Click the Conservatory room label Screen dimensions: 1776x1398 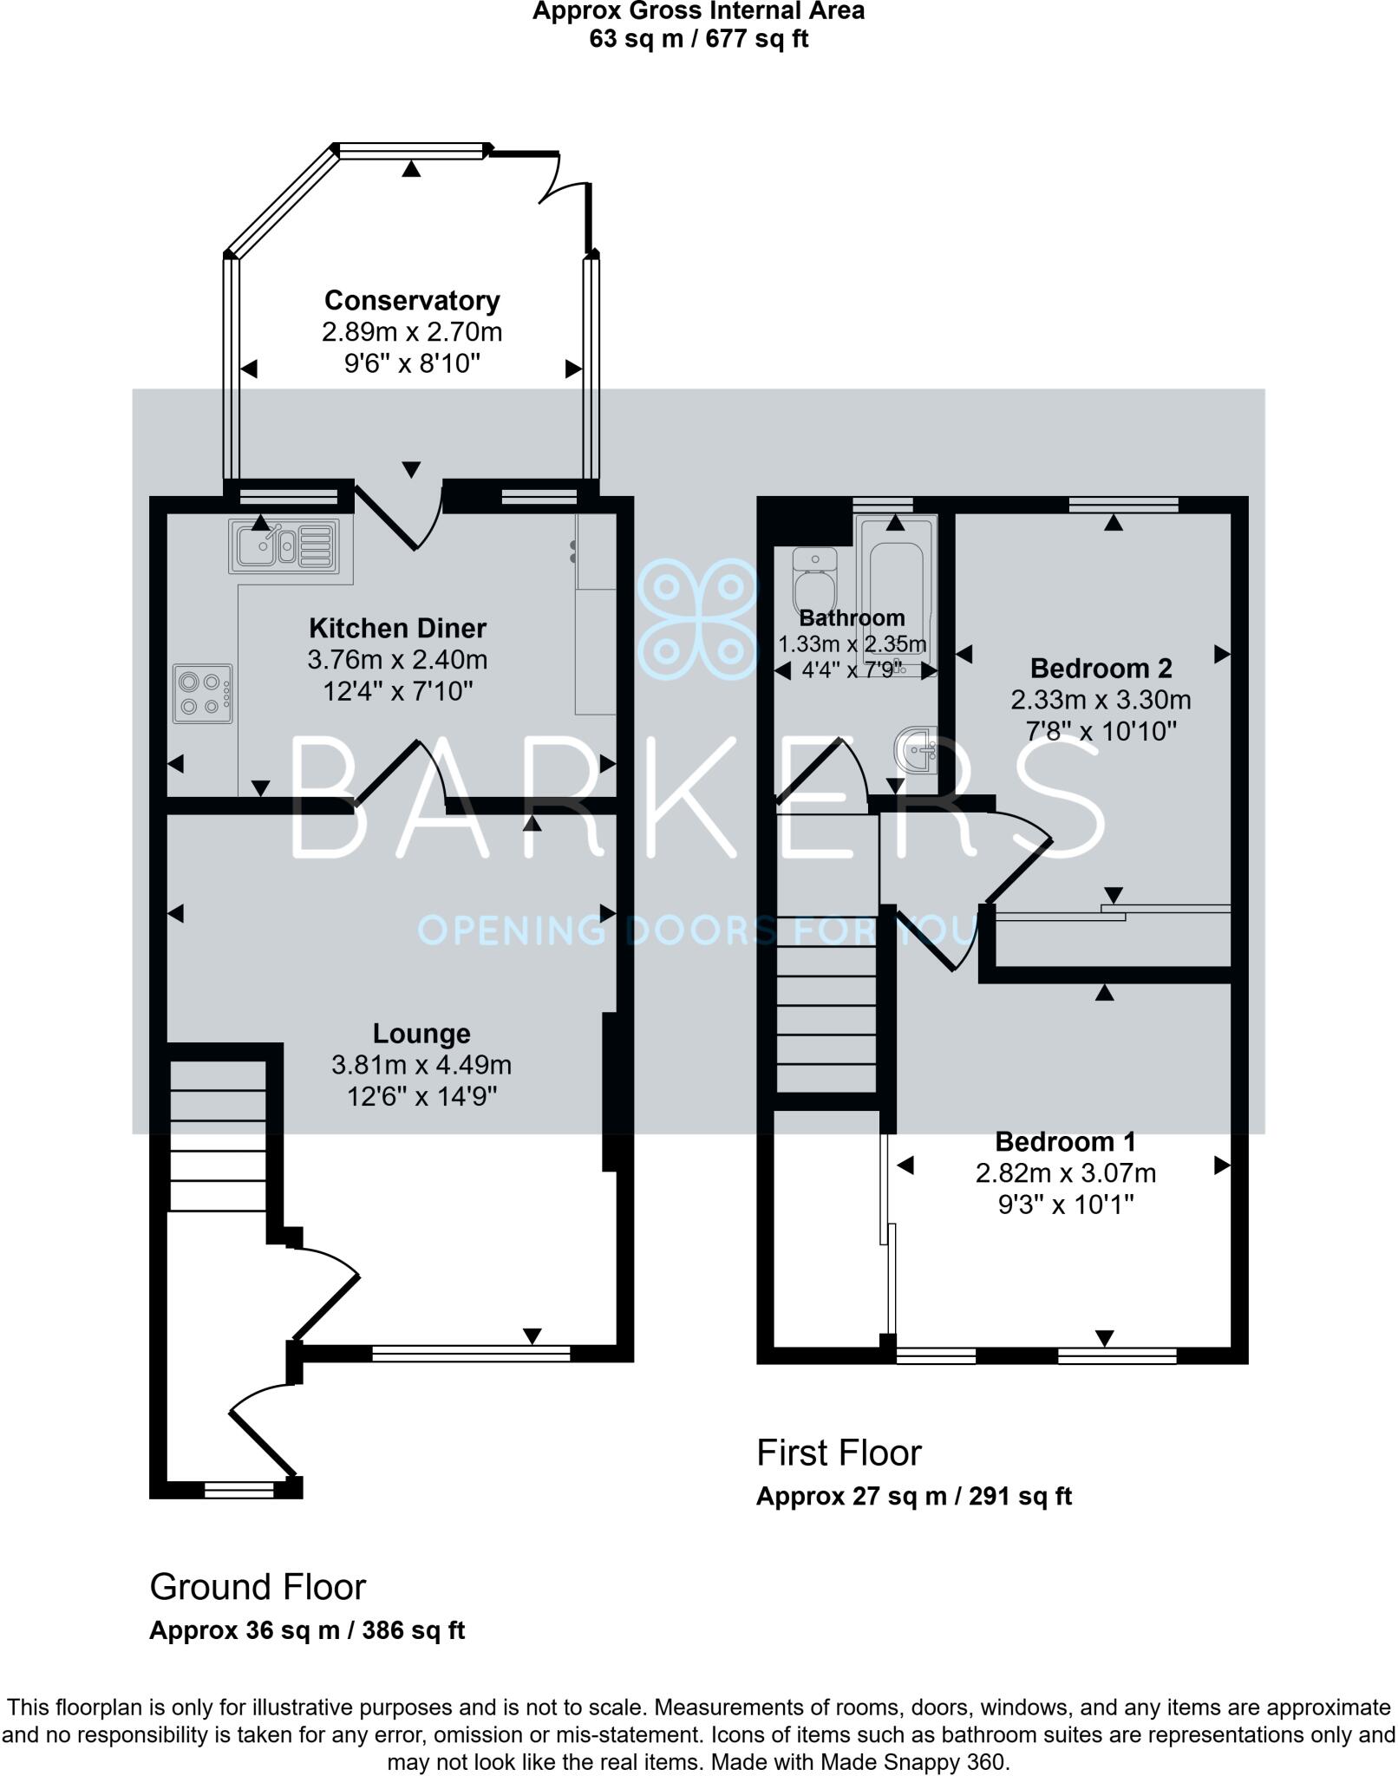pos(412,301)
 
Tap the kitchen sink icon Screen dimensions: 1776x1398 pos(284,545)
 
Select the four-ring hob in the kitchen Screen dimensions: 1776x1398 pos(203,694)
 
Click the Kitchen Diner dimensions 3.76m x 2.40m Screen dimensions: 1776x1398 pos(397,660)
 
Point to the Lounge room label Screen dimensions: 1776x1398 pos(421,1034)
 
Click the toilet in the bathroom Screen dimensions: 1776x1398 pos(814,580)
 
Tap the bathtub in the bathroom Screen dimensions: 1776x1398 pos(896,598)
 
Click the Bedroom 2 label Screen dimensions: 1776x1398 pos(1101,669)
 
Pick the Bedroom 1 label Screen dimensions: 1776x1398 pos(1065,1142)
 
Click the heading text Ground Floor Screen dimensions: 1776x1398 pos(258,1587)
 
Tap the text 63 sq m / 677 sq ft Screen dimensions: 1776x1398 pos(698,39)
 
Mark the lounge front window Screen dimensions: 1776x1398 pos(471,1353)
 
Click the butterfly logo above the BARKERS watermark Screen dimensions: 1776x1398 pos(697,618)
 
